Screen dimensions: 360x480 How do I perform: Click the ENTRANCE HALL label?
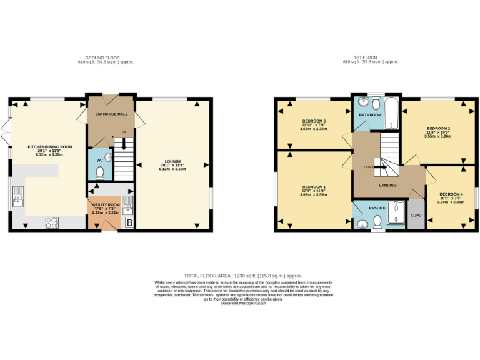pyautogui.click(x=111, y=114)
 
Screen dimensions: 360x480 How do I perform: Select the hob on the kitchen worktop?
pyautogui.click(x=52, y=221)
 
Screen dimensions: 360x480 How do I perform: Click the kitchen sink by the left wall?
pyautogui.click(x=18, y=200)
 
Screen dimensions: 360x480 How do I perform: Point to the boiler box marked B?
pyautogui.click(x=129, y=222)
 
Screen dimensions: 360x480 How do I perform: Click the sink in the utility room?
pyautogui.click(x=128, y=202)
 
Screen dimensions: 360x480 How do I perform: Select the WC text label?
pyautogui.click(x=99, y=160)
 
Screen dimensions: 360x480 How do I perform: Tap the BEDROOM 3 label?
pyautogui.click(x=314, y=120)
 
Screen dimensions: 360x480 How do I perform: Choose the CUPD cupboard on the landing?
pyautogui.click(x=416, y=215)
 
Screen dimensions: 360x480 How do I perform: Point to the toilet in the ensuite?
pyautogui.click(x=377, y=222)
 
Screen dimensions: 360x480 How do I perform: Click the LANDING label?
pyautogui.click(x=387, y=185)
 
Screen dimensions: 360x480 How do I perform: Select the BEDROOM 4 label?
pyautogui.click(x=451, y=194)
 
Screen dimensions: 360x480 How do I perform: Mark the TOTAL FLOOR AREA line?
pyautogui.click(x=243, y=276)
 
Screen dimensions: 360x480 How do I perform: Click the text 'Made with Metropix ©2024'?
pyautogui.click(x=243, y=303)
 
